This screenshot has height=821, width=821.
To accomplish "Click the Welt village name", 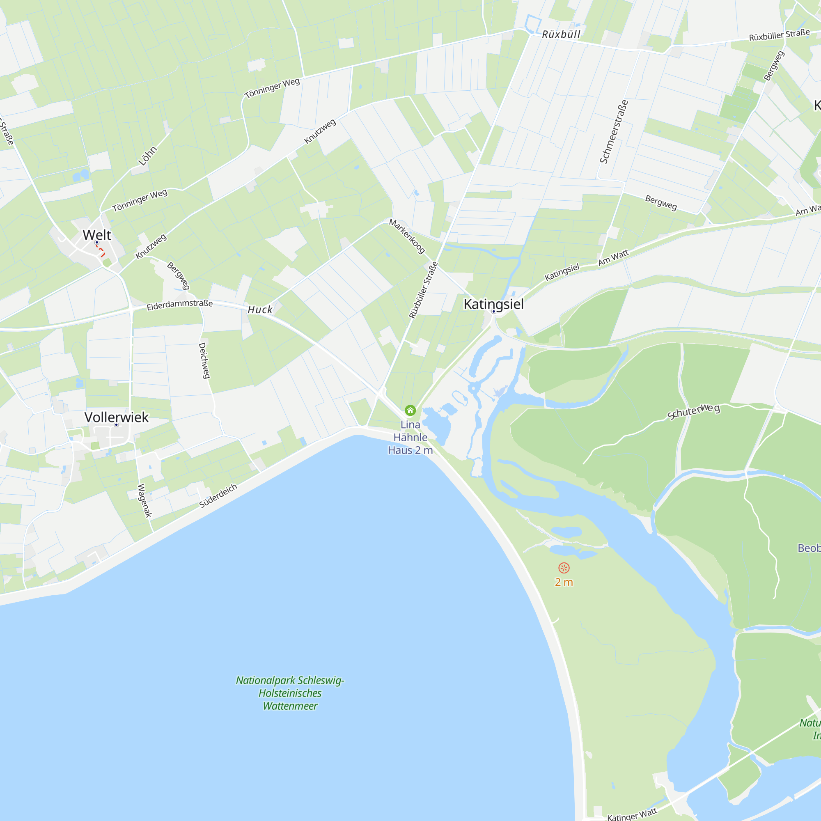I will pyautogui.click(x=97, y=234).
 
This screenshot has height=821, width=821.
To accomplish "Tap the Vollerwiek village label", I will pyautogui.click(x=117, y=417).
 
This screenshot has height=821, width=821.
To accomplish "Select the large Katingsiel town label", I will pyautogui.click(x=493, y=304).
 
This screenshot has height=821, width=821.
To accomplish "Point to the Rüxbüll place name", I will pyautogui.click(x=561, y=34).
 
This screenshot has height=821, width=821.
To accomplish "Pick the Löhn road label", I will pyautogui.click(x=147, y=156).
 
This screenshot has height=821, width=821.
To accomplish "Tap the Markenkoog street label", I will pyautogui.click(x=407, y=236).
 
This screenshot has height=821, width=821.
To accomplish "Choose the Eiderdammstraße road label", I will pyautogui.click(x=179, y=305).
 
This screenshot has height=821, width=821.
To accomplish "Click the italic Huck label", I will pyautogui.click(x=260, y=310).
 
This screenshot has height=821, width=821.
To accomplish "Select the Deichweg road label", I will pyautogui.click(x=204, y=360).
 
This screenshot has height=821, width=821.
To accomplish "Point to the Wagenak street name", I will pyautogui.click(x=144, y=500).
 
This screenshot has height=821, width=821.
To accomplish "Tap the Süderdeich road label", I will pyautogui.click(x=218, y=495).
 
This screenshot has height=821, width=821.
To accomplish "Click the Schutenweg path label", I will pyautogui.click(x=693, y=411).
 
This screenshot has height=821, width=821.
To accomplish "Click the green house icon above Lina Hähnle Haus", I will pyautogui.click(x=410, y=410).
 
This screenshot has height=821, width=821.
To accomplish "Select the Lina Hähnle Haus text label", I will pyautogui.click(x=410, y=437).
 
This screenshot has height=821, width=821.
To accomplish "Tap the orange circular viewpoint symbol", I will pyautogui.click(x=564, y=568).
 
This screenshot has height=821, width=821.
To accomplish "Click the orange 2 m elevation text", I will pyautogui.click(x=564, y=582).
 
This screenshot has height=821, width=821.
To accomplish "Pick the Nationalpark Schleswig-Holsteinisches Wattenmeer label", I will pyautogui.click(x=290, y=693).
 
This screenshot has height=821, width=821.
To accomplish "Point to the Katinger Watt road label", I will pyautogui.click(x=632, y=814).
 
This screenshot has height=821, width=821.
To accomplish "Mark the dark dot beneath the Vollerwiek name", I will pyautogui.click(x=117, y=424).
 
